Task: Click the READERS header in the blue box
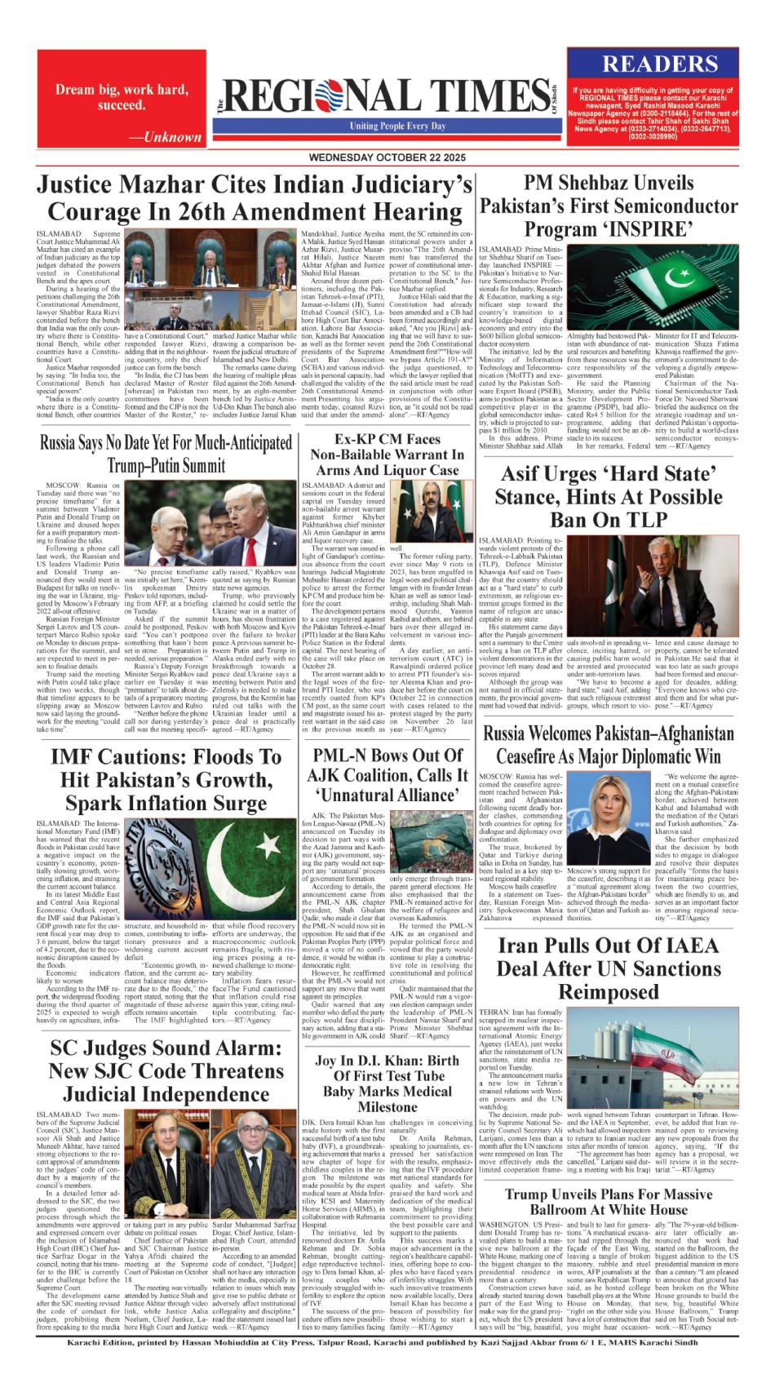[660, 64]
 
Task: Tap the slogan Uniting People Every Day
[398, 126]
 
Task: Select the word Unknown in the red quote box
[172, 137]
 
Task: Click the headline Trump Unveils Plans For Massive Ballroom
[608, 1201]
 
